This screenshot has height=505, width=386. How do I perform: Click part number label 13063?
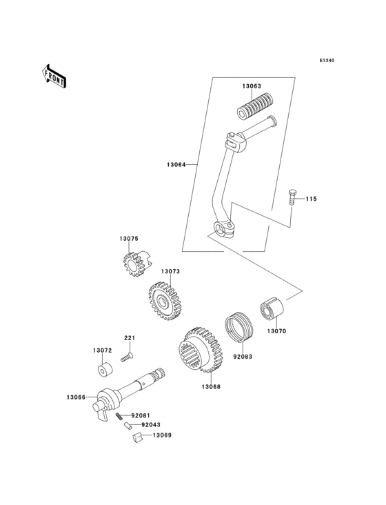[x=251, y=86]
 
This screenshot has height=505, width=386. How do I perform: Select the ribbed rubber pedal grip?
[x=253, y=108]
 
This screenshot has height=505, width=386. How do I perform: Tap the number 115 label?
[x=311, y=199]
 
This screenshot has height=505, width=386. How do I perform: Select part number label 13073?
[x=171, y=272]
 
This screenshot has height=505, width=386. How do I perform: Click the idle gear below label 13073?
[x=165, y=301]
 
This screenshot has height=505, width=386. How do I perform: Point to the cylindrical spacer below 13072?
[x=103, y=371]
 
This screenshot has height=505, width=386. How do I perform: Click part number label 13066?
[x=76, y=397]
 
